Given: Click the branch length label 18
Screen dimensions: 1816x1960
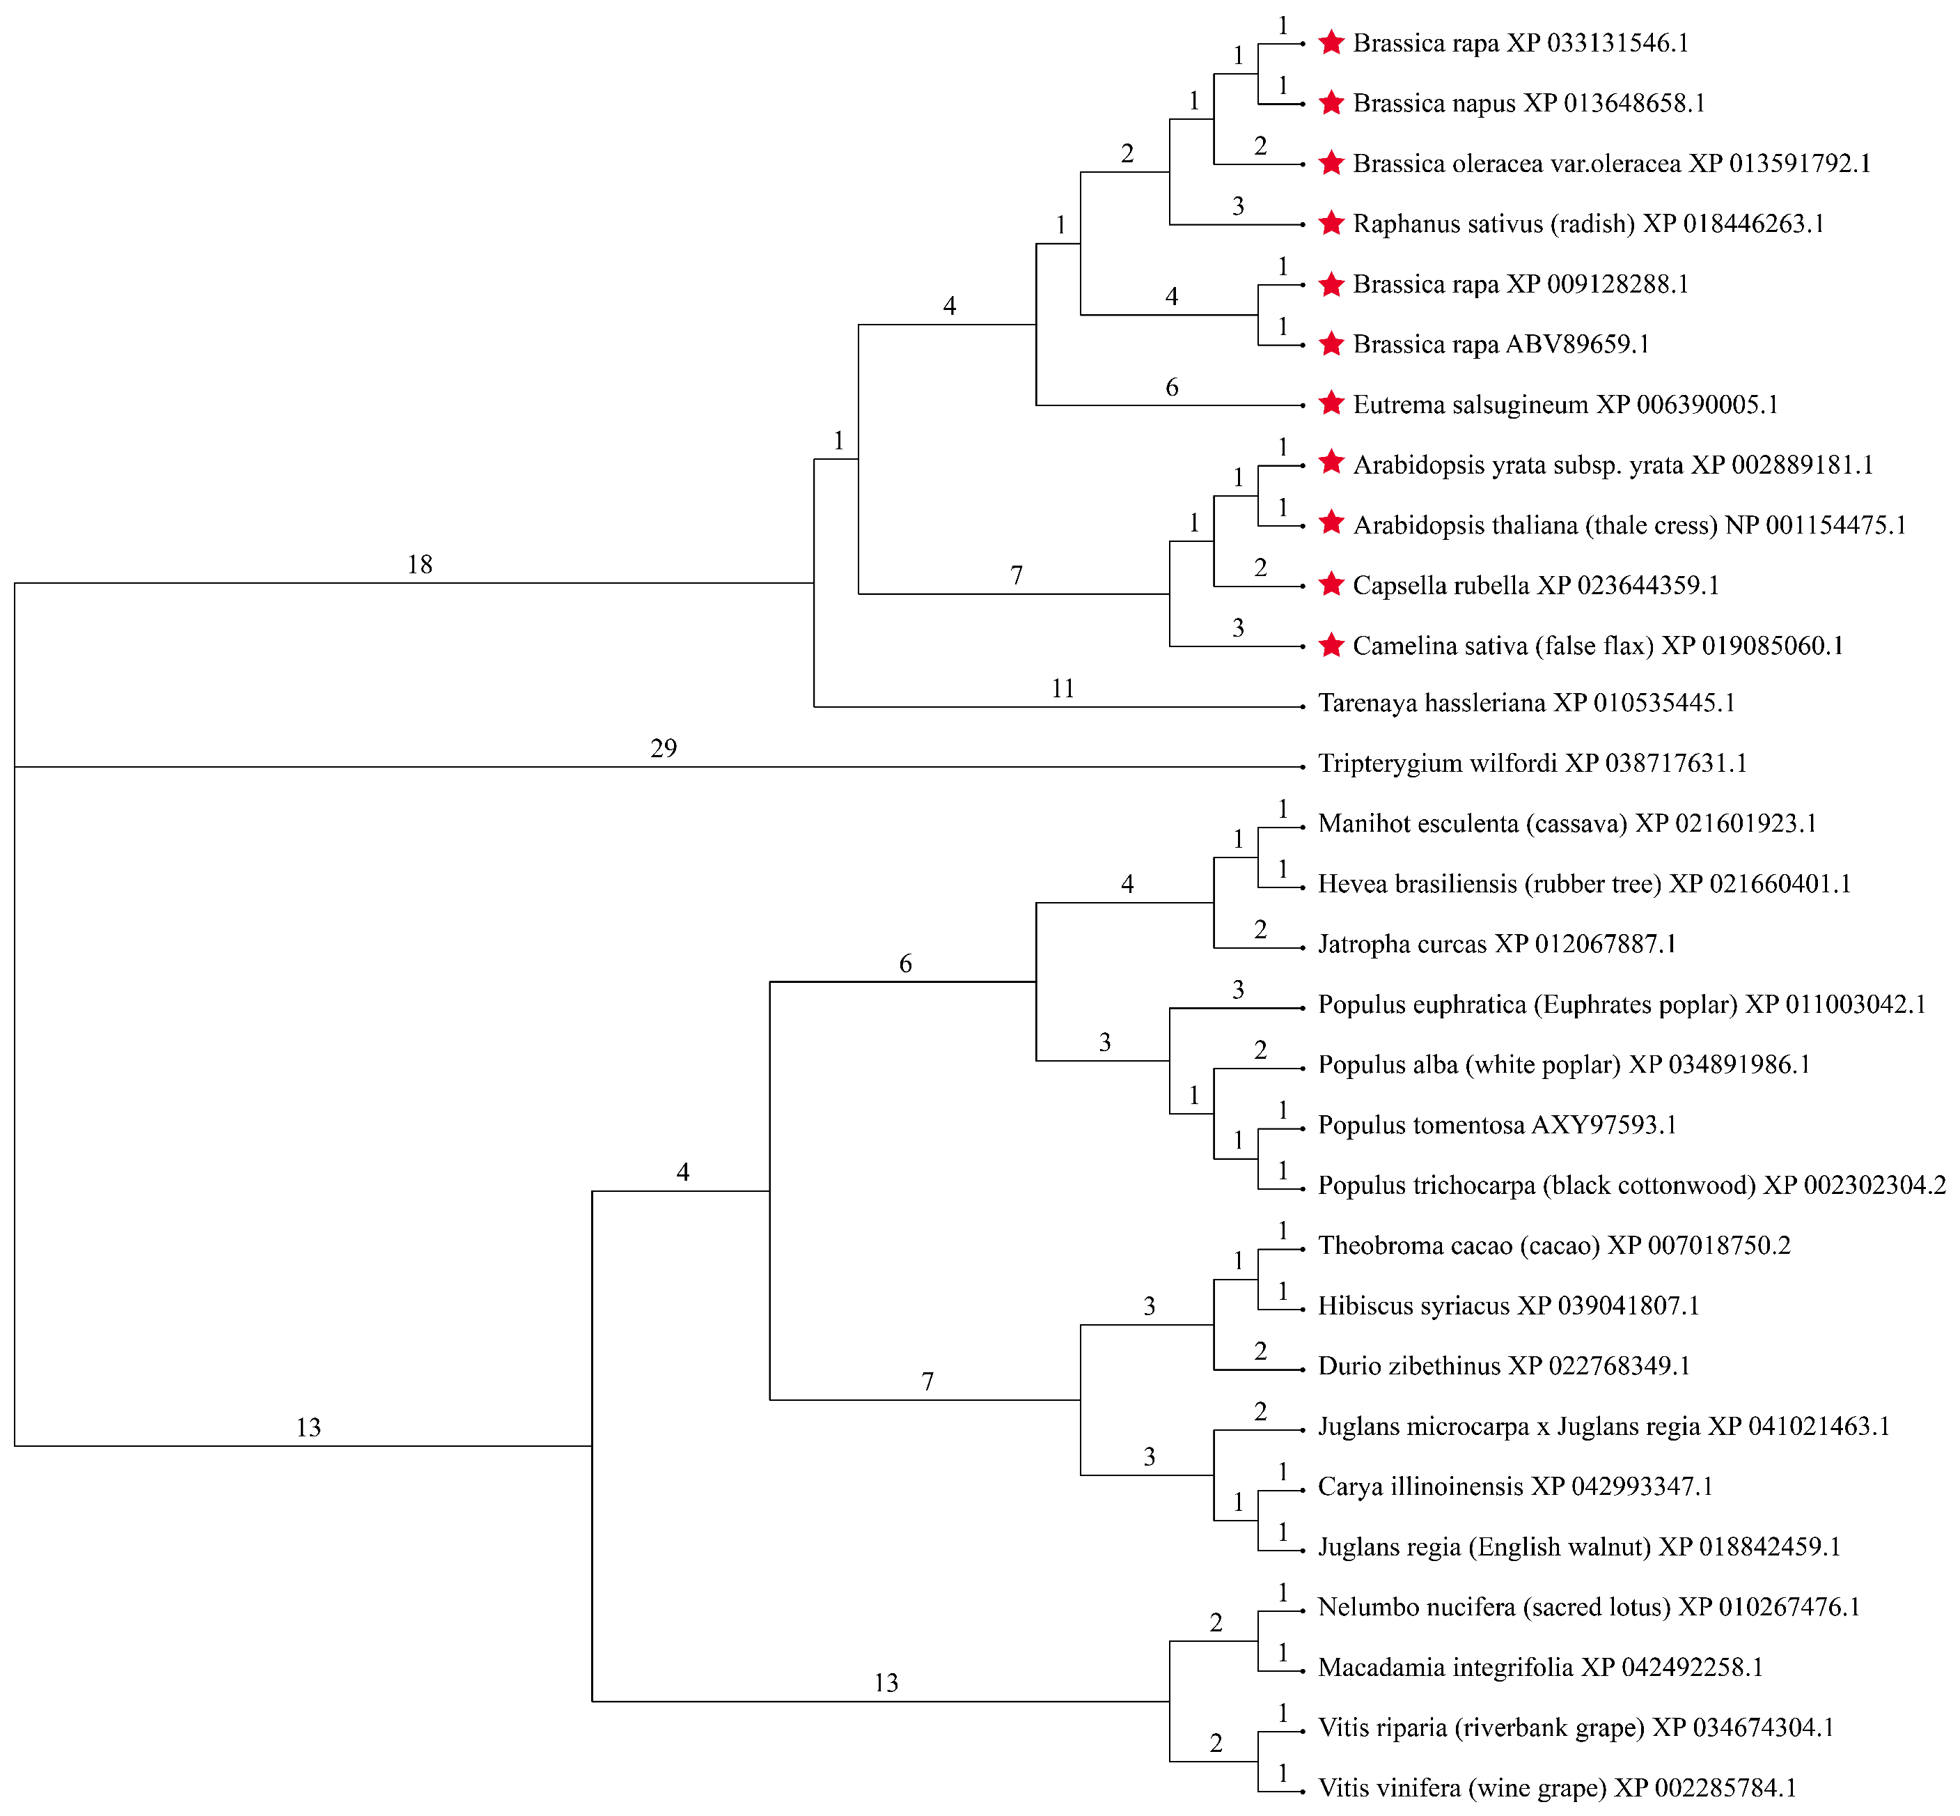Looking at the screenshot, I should (420, 565).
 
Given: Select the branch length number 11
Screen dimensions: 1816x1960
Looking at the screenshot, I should (1063, 689).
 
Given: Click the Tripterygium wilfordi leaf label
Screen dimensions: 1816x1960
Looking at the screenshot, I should (1532, 763).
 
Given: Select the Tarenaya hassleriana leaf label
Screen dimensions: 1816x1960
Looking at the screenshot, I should (1527, 704).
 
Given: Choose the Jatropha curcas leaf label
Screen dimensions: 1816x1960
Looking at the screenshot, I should (1497, 945).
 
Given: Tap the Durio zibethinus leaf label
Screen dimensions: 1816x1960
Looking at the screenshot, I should (1504, 1366).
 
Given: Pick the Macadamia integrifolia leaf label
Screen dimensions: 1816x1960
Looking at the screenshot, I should (1540, 1668).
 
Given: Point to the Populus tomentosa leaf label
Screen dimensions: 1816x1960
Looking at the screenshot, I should (1497, 1125).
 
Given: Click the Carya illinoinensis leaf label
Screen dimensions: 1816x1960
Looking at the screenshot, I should (1516, 1487).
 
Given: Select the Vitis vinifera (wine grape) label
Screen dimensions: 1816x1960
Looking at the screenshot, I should (1557, 1789).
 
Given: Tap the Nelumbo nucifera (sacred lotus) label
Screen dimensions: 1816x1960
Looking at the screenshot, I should (1590, 1608).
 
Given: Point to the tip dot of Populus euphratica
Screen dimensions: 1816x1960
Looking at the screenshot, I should (1303, 1008).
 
